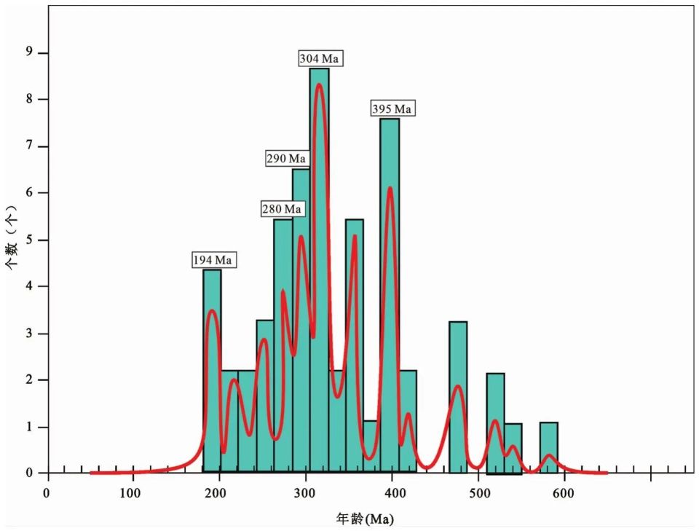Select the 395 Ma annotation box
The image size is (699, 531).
tap(392, 109)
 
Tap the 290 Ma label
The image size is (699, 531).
tap(286, 158)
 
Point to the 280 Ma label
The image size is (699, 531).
tap(281, 209)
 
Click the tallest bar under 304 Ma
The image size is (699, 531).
tap(319, 270)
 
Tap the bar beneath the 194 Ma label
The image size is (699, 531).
tap(212, 371)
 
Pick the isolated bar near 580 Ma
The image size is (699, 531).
tap(548, 447)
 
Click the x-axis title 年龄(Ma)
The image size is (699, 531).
tap(365, 519)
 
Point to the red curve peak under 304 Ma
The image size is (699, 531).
tap(319, 85)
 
